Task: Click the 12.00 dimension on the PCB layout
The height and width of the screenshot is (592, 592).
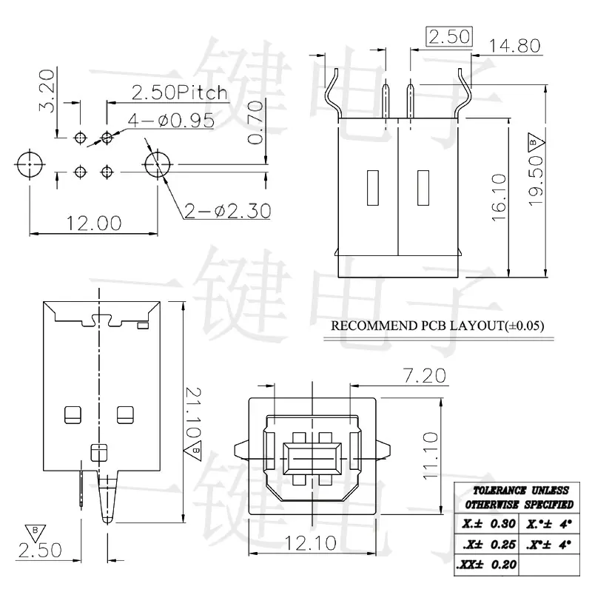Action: pyautogui.click(x=94, y=223)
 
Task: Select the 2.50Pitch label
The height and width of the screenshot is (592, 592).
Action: pyautogui.click(x=180, y=93)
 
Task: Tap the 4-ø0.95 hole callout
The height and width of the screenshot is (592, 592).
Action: pyautogui.click(x=171, y=121)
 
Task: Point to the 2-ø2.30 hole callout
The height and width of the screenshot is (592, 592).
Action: pyautogui.click(x=228, y=211)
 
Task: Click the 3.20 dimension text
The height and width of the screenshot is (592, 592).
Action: pyautogui.click(x=47, y=90)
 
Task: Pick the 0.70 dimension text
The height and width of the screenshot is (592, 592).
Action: pyautogui.click(x=255, y=122)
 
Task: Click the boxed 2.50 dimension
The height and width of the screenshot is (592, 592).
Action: pyautogui.click(x=449, y=37)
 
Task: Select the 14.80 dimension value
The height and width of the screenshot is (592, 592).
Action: pyautogui.click(x=514, y=46)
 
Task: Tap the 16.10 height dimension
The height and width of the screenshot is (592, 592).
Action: pyautogui.click(x=499, y=198)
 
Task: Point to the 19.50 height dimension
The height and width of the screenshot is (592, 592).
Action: pyautogui.click(x=536, y=181)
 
